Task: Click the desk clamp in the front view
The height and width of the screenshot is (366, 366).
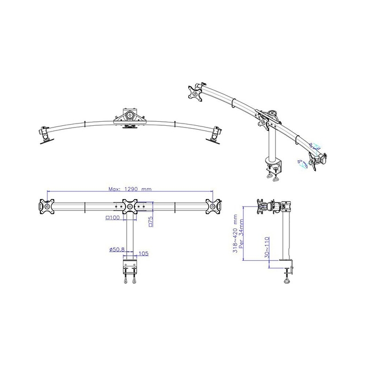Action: click(x=130, y=267)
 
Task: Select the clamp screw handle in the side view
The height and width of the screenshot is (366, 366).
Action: click(x=287, y=279)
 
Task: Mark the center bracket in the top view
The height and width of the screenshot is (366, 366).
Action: click(x=130, y=114)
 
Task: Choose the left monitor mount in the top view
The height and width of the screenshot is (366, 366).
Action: click(x=44, y=133)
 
